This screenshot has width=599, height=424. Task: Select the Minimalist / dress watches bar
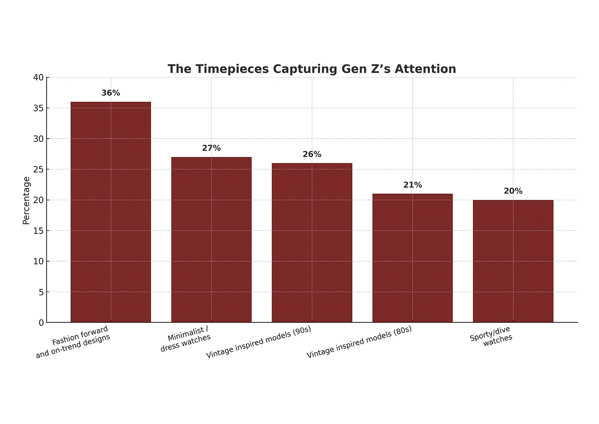tap(211, 240)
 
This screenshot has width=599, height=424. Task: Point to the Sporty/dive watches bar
tap(513, 261)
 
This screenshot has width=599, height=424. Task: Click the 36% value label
tap(111, 93)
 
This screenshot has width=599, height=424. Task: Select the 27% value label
tap(211, 148)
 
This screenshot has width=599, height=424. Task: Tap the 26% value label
tap(312, 154)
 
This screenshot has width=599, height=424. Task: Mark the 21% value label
tap(412, 185)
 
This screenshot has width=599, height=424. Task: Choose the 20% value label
tap(513, 191)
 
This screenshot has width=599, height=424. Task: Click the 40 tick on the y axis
tap(39, 78)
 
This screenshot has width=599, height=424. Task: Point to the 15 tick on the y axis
tap(39, 231)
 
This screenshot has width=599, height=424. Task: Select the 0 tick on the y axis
tap(41, 323)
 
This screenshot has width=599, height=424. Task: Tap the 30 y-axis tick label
tap(39, 139)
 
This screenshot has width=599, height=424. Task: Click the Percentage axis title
tap(26, 201)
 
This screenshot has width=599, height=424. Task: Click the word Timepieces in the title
tap(232, 69)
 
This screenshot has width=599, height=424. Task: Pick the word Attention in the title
tap(425, 69)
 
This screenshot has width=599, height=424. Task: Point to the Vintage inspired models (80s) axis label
tap(359, 342)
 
